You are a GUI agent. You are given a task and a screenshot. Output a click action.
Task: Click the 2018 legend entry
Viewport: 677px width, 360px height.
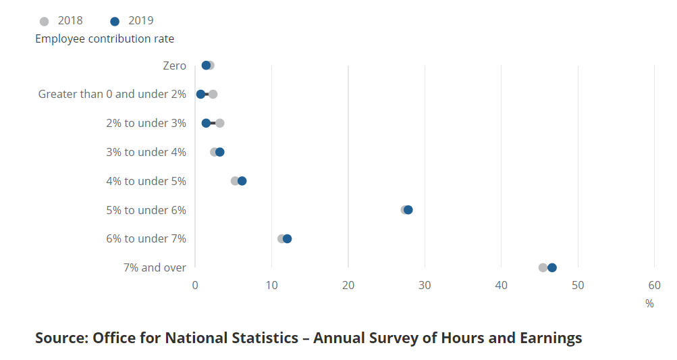coord(61,21)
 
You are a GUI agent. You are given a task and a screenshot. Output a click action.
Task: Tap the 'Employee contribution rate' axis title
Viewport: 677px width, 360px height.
coord(105,38)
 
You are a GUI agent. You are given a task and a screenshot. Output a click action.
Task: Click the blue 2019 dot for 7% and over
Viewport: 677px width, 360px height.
coord(552,267)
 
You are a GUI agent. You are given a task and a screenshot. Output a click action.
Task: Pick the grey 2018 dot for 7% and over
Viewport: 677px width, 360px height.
coord(543,267)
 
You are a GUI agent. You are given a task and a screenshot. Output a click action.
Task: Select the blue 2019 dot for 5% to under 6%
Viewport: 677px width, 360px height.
coord(408,210)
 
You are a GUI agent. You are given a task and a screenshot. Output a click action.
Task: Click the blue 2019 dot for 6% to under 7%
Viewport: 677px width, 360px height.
coord(287,238)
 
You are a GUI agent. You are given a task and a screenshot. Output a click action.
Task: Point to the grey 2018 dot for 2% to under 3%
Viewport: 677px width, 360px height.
coord(220,123)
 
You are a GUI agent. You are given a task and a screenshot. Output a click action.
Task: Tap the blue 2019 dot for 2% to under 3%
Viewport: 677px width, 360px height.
coord(206,123)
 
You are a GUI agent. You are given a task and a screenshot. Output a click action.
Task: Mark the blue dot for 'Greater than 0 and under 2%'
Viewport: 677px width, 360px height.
coord(200,94)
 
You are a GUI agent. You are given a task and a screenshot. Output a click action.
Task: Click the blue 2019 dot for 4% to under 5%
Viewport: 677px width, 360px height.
coord(242,181)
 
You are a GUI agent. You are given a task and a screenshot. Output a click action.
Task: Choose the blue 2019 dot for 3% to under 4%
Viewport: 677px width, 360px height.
coord(220,152)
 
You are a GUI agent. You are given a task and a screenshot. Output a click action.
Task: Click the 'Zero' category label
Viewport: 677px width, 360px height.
coord(174,66)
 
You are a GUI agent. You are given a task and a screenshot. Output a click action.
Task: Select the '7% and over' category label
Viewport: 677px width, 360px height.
coord(155,267)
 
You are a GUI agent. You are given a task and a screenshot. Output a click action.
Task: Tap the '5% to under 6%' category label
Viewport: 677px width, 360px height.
coord(146,210)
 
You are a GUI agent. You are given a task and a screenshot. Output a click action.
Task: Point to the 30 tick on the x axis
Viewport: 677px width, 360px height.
coord(425,285)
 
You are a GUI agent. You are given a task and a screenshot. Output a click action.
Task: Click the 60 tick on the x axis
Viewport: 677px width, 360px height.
coord(654,285)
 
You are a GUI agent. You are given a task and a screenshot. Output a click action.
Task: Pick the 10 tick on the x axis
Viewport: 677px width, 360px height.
coord(271,285)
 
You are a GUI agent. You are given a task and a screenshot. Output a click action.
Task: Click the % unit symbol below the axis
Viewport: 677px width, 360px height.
coord(649,304)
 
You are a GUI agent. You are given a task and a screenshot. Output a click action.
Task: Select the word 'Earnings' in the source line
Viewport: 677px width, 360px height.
coord(549,338)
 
